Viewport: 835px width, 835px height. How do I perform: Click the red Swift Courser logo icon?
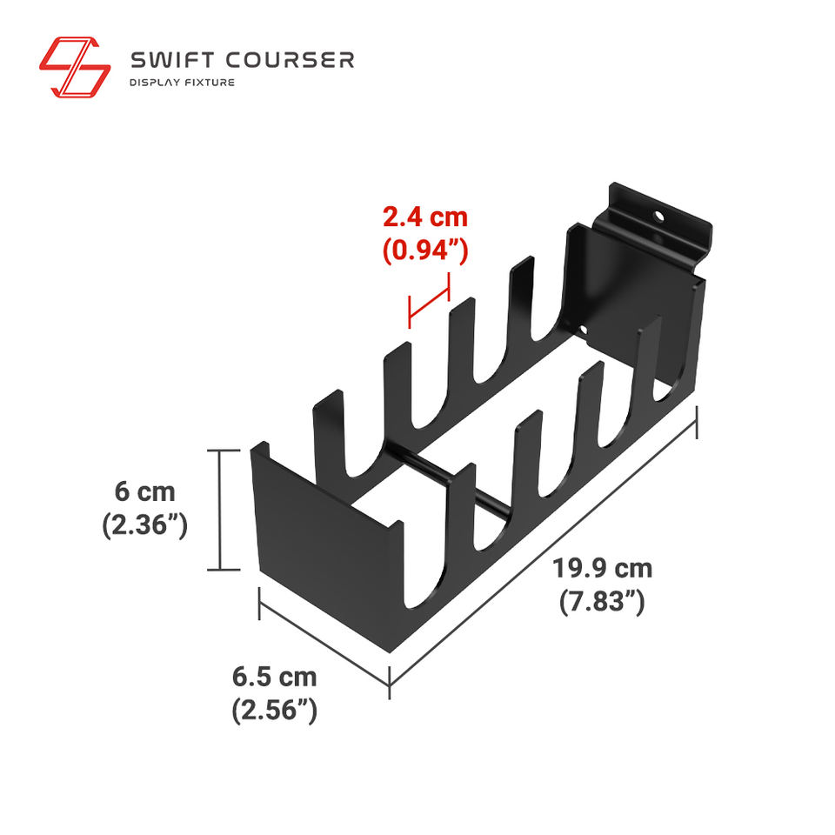pyautogui.click(x=75, y=66)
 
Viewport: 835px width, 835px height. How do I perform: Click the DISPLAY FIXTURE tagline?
pyautogui.click(x=182, y=83)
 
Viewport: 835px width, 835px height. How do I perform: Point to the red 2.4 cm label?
pyautogui.click(x=425, y=218)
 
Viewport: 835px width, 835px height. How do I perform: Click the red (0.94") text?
pyautogui.click(x=425, y=251)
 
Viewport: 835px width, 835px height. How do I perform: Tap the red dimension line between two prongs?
pyautogui.click(x=428, y=301)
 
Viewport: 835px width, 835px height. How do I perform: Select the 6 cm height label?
pyautogui.click(x=145, y=491)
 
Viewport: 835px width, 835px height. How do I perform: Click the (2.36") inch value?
pyautogui.click(x=145, y=525)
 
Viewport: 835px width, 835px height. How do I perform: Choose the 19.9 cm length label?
pyautogui.click(x=602, y=569)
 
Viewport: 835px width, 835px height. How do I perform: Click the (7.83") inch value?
pyautogui.click(x=602, y=602)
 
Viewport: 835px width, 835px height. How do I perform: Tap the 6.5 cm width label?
pyautogui.click(x=274, y=676)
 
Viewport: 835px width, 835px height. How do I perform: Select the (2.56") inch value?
pyautogui.click(x=274, y=710)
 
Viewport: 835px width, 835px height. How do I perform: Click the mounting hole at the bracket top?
pyautogui.click(x=660, y=213)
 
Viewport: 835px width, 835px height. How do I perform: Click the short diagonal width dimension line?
pyautogui.click(x=324, y=640)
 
